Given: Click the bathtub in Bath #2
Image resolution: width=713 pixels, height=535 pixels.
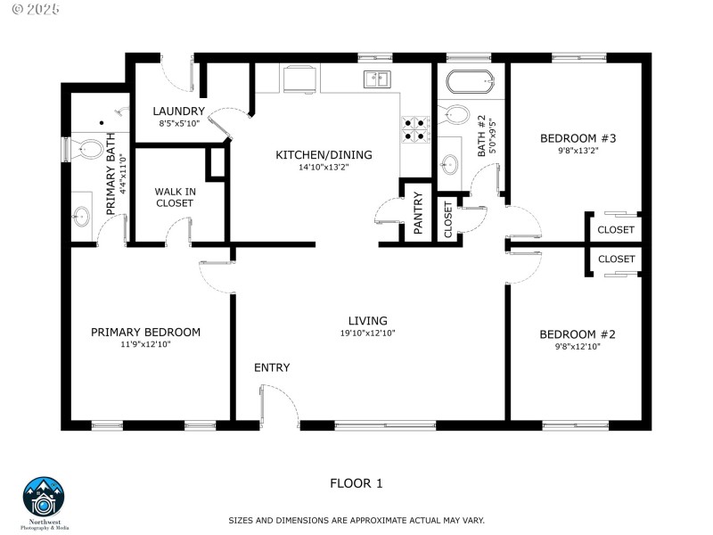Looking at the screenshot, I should pyautogui.click(x=468, y=82).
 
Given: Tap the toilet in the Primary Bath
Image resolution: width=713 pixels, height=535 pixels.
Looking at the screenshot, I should pyautogui.click(x=87, y=148).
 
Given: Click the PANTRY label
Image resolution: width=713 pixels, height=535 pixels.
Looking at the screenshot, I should pyautogui.click(x=417, y=213).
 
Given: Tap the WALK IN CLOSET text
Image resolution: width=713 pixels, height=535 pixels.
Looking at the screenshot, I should pyautogui.click(x=174, y=197).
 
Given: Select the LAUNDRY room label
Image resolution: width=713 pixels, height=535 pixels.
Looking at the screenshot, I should pyautogui.click(x=178, y=111).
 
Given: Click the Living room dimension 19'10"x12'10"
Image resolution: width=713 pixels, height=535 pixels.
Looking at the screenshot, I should pyautogui.click(x=368, y=333).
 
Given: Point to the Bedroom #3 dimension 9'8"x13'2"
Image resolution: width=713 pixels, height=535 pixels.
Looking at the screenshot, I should pyautogui.click(x=578, y=151).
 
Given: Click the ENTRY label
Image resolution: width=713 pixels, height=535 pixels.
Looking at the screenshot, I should pyautogui.click(x=272, y=367).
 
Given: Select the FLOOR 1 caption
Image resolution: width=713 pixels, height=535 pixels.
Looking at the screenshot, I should pyautogui.click(x=356, y=484).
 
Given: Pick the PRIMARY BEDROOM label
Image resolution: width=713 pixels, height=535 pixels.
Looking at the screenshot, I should pyautogui.click(x=145, y=332).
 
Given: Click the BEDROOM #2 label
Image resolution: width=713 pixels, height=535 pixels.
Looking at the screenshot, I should pyautogui.click(x=578, y=334).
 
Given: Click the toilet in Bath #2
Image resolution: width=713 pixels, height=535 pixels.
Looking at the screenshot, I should pyautogui.click(x=456, y=115).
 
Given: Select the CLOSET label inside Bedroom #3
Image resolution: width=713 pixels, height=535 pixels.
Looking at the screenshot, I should pyautogui.click(x=616, y=230).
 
